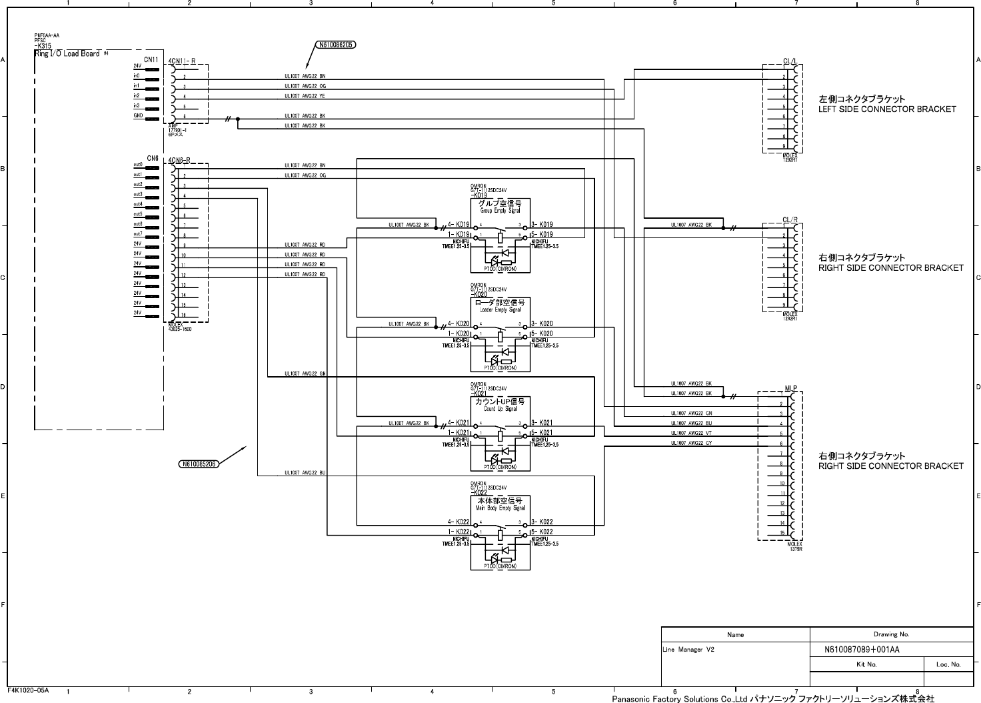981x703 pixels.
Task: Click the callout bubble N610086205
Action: pyautogui.click(x=335, y=45)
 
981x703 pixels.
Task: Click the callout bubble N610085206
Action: pyautogui.click(x=199, y=464)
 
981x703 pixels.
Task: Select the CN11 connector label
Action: pyautogui.click(x=151, y=59)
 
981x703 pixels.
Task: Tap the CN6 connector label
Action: pyautogui.click(x=153, y=159)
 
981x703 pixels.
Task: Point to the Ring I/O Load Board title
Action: pyautogui.click(x=67, y=53)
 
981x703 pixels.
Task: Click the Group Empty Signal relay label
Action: pyautogui.click(x=500, y=210)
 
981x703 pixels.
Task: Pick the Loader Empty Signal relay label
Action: pyautogui.click(x=500, y=309)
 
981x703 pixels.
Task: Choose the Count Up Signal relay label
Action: pyautogui.click(x=500, y=409)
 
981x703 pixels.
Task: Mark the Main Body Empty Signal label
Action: pyautogui.click(x=500, y=508)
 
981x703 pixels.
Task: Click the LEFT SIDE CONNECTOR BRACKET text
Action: pyautogui.click(x=887, y=109)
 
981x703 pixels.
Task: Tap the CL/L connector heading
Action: pyautogui.click(x=790, y=61)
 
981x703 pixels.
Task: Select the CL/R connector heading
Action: pyautogui.click(x=790, y=219)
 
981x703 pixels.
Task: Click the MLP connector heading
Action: pyautogui.click(x=790, y=388)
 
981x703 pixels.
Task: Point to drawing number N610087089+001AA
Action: pyautogui.click(x=862, y=650)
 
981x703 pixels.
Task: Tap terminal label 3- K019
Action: pyautogui.click(x=542, y=225)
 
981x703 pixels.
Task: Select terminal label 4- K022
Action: pyautogui.click(x=459, y=522)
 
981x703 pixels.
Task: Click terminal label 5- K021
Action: pyautogui.click(x=542, y=433)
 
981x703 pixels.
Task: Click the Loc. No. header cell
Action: pyautogui.click(x=948, y=664)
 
